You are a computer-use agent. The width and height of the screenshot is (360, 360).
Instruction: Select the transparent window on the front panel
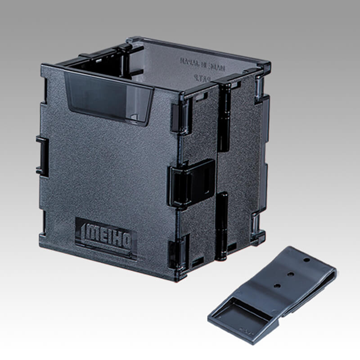click(108, 98)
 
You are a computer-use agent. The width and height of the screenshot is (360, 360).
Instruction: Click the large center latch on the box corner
click(192, 182)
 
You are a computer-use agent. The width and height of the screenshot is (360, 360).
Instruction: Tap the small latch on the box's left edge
click(42, 156)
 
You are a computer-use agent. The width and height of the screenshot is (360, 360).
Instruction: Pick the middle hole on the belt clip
click(291, 273)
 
